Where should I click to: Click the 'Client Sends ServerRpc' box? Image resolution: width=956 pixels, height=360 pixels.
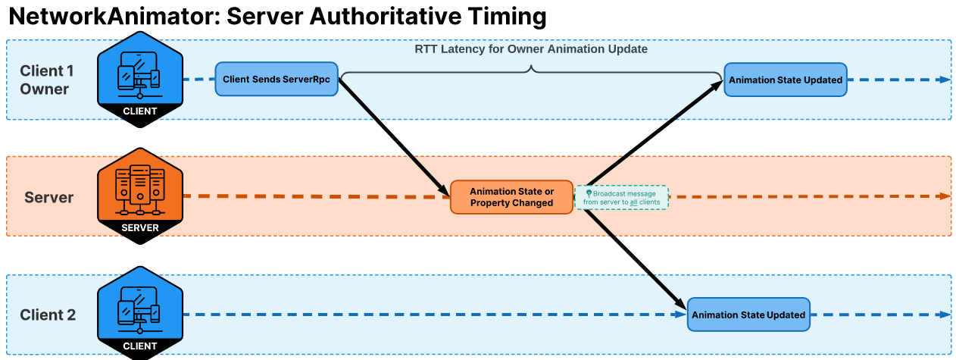277,80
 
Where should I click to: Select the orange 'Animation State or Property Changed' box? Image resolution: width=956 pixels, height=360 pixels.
511,197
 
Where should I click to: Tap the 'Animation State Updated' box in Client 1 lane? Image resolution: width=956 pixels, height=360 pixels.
784,80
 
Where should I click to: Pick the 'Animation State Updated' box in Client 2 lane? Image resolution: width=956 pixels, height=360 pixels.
748,315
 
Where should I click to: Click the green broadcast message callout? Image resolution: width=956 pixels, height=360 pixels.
621,197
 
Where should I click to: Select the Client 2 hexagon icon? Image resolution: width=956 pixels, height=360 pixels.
140,311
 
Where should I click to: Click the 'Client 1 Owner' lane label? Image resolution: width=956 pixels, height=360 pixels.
46,80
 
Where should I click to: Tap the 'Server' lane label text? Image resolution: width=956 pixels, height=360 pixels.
48,198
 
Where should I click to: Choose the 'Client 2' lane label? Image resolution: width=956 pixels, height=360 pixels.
48,315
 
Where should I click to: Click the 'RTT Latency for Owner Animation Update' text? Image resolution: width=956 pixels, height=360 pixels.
531,49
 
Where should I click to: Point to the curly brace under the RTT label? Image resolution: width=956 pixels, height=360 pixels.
531,71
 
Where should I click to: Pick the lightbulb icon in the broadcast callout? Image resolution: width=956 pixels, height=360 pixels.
589,193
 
